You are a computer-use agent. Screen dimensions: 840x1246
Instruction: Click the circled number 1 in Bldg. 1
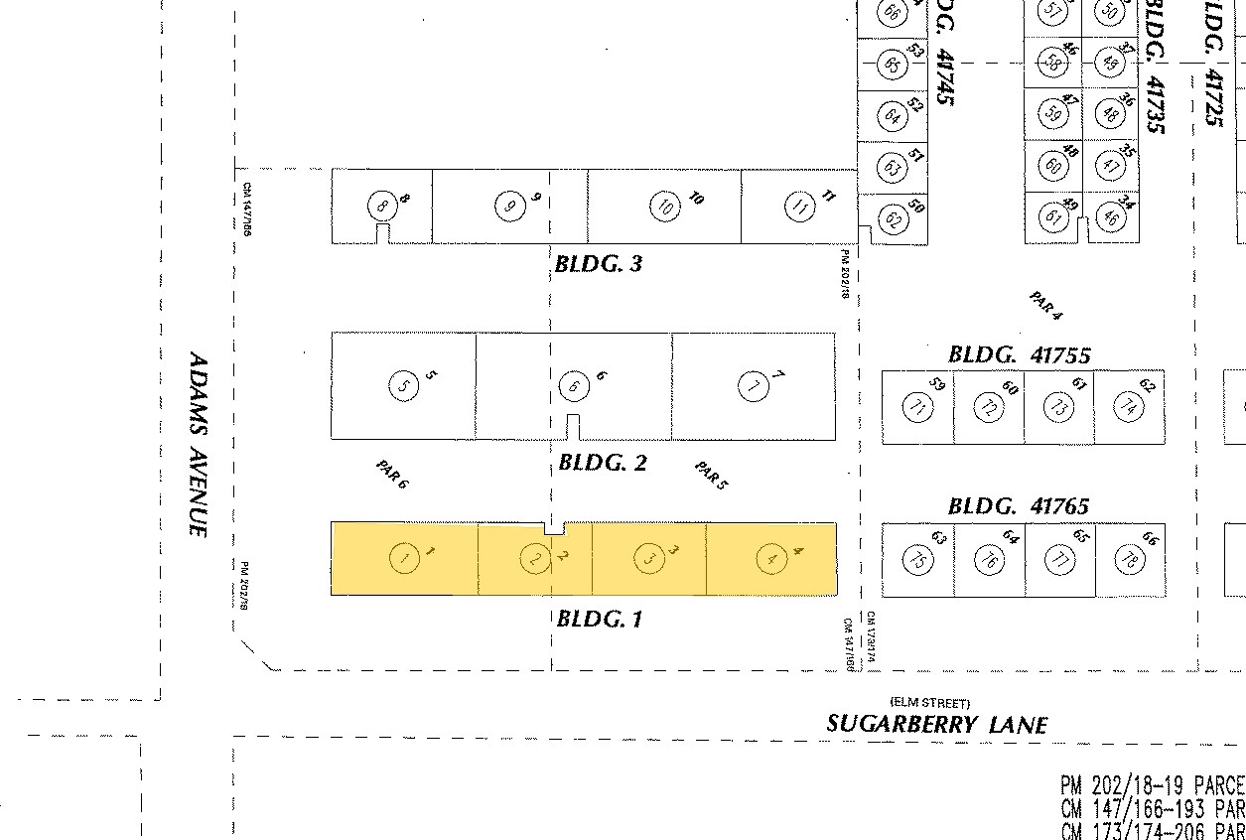pos(403,559)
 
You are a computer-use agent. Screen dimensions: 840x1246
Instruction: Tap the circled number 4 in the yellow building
pos(771,559)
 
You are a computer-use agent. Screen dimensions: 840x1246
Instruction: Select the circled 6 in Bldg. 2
pos(573,385)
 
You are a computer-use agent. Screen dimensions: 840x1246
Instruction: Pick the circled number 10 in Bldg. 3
pos(664,207)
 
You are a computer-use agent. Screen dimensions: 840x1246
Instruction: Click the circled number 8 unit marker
pos(381,206)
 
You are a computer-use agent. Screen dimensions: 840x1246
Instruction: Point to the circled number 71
pos(917,406)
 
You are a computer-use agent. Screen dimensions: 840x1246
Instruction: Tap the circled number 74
pos(1129,406)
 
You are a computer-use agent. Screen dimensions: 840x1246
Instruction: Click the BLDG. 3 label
pos(599,264)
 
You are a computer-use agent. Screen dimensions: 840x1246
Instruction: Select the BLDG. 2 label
pos(603,463)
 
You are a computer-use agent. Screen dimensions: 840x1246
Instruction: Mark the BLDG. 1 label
pos(600,619)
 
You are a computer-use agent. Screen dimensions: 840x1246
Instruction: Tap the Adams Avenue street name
pos(198,444)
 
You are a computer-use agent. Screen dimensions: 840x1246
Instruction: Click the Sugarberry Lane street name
pos(936,724)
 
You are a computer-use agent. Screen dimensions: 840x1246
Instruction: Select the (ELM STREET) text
pos(930,703)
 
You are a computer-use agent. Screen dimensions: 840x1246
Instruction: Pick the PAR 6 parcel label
pos(392,475)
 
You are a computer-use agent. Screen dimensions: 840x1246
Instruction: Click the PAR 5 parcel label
pos(711,476)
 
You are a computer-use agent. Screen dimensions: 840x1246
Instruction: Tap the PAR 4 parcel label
pos(1045,306)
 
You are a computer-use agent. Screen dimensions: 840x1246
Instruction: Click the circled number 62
pos(893,219)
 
